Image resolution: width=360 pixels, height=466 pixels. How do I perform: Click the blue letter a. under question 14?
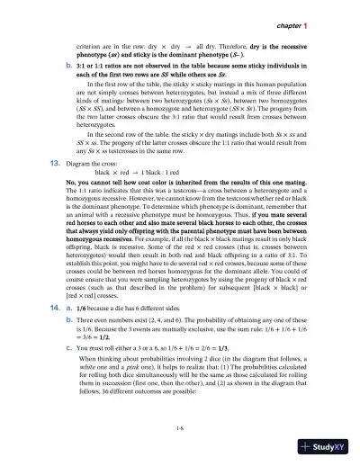pos(71,307)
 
